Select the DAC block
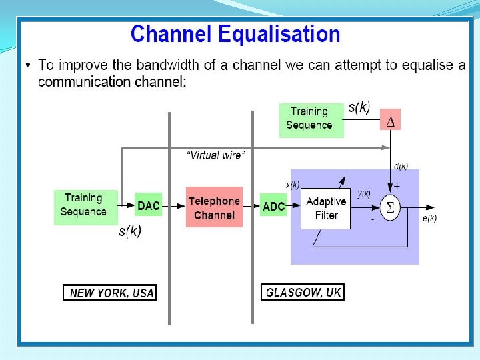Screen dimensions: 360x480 coord(149,205)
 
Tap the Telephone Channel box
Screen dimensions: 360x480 coord(213,207)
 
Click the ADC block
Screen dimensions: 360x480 coord(273,207)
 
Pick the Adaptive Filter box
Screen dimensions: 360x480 coord(327,209)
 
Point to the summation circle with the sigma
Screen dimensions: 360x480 coord(390,208)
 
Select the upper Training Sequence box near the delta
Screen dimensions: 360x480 coord(309,118)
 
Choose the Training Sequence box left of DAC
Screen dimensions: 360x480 coord(83,205)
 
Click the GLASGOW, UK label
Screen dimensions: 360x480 coord(303,293)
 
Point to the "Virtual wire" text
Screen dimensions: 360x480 coord(215,155)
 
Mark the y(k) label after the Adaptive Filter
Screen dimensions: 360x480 coord(364,194)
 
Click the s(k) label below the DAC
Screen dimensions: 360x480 coord(130,231)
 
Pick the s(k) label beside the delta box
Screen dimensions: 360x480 coord(359,108)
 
